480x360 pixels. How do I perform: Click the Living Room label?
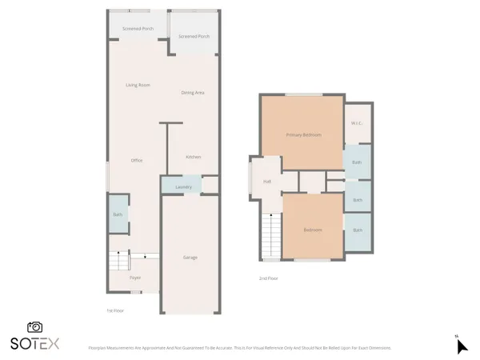point(138,85)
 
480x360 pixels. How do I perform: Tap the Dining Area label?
point(192,93)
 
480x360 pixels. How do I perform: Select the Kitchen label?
point(193,157)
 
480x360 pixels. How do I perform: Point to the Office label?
point(137,161)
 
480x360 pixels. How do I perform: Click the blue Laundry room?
point(182,186)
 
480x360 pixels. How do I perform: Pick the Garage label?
point(190,258)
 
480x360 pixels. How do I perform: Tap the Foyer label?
point(135,278)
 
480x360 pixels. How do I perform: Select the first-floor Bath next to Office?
point(117,214)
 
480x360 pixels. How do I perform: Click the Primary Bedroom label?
point(304,135)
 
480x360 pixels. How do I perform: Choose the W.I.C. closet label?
point(358,122)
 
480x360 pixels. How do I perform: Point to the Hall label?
point(267,182)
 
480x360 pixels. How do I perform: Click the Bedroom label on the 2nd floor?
point(312,230)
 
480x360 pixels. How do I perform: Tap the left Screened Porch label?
point(137,28)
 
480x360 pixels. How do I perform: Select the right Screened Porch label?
point(194,37)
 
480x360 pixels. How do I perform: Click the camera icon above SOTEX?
point(34,327)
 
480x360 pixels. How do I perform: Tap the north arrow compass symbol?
point(461,346)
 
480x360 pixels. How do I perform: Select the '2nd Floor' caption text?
point(267,278)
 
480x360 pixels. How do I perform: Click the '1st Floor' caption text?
point(116,310)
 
